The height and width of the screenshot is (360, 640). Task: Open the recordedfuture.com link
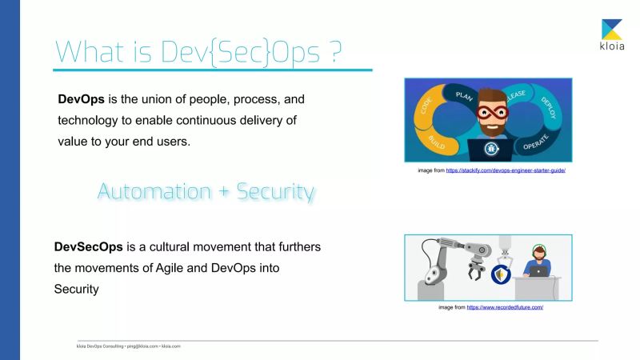pos(505,306)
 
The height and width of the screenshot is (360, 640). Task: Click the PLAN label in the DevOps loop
pos(464,94)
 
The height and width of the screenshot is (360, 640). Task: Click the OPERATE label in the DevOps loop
pos(535,145)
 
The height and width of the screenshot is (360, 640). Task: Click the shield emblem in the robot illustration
pos(502,277)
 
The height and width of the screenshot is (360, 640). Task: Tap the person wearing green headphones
pos(537,262)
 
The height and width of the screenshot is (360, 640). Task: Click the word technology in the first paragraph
pos(90,120)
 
